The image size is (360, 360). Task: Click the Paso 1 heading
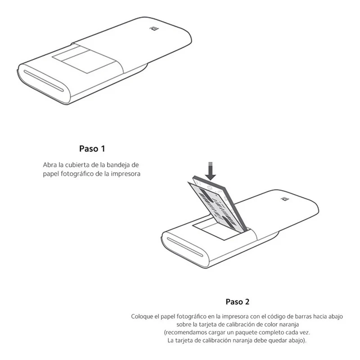point(92,149)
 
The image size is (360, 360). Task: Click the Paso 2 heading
point(238,301)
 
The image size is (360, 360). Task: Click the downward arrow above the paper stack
point(210,171)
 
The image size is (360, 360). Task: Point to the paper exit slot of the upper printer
point(44,81)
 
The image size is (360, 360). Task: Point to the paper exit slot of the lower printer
point(185,247)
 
